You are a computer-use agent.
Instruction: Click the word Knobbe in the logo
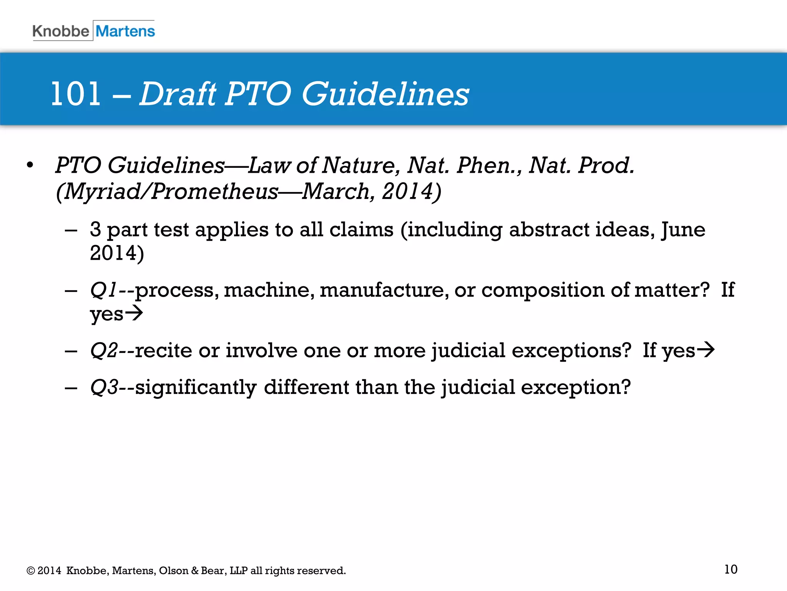(x=61, y=31)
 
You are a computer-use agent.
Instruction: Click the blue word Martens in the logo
(x=125, y=31)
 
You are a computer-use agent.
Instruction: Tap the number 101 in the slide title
(x=76, y=94)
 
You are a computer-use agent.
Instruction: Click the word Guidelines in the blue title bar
(x=385, y=94)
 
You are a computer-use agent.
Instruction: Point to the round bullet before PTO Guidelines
(x=30, y=165)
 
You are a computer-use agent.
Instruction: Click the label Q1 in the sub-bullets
(x=103, y=290)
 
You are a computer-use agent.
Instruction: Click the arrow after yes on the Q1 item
(x=134, y=313)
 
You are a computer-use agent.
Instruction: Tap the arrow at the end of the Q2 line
(x=706, y=350)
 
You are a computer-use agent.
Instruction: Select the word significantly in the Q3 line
(x=196, y=387)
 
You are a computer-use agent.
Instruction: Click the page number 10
(x=731, y=569)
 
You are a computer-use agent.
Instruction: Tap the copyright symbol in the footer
(x=30, y=571)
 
